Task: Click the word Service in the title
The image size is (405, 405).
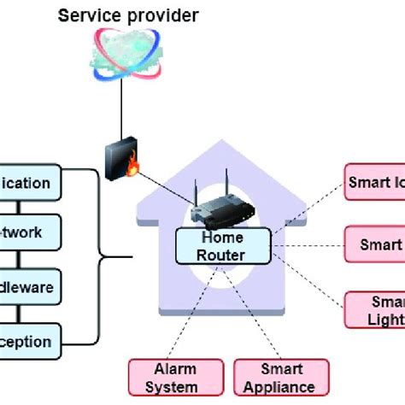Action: pos(85,15)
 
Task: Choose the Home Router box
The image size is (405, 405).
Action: pos(222,246)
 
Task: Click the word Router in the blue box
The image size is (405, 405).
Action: pos(222,255)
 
